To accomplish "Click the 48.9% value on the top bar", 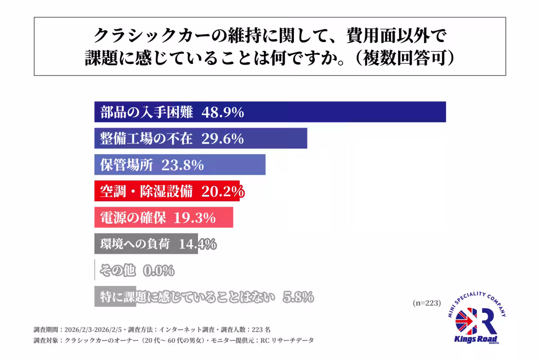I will coord(223,112).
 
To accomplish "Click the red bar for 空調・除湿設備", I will coord(166,191).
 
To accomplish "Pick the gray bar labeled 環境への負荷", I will coord(146,244).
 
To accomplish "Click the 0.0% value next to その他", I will coord(158,271).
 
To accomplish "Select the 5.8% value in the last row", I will coord(298,297).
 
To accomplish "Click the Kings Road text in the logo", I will coord(476,339).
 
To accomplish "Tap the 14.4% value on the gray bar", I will coord(198,244).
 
